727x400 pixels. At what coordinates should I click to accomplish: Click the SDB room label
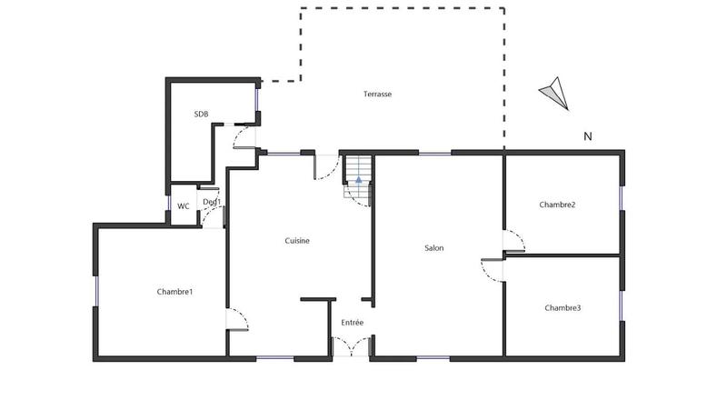tap(201, 114)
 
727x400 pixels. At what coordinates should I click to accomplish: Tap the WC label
tap(184, 205)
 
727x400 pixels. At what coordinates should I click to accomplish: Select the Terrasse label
tap(377, 94)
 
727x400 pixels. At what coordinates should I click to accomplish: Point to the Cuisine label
tap(297, 241)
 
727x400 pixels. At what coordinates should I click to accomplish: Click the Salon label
tap(433, 247)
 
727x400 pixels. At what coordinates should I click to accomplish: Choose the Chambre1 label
tap(174, 292)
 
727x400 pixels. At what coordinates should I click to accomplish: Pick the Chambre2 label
tap(557, 205)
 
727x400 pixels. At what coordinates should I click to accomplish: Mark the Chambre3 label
tap(563, 308)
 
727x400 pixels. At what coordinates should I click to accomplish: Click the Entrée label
tap(353, 323)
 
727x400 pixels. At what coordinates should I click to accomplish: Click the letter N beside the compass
tap(588, 137)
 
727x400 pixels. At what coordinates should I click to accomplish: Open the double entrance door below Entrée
tap(351, 346)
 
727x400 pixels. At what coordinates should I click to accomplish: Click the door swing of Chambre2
tap(515, 242)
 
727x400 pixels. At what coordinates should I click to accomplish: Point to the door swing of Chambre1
tap(236, 319)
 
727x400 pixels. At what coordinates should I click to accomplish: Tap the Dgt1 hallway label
tap(212, 202)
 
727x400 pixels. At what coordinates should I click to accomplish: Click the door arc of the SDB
tap(244, 136)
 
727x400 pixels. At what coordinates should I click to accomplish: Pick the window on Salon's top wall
tap(434, 153)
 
